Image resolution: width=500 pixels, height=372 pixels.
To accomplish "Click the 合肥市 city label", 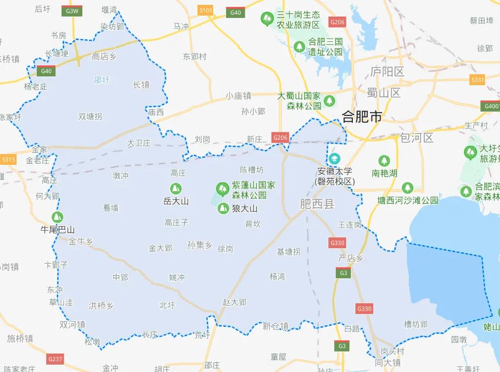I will click(362, 117).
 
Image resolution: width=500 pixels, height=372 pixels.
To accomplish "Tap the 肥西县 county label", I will click(317, 204).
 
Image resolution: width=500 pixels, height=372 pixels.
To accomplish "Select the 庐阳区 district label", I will click(387, 72).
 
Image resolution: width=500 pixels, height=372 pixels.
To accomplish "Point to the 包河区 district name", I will click(416, 137).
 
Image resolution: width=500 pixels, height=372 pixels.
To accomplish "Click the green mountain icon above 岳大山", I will click(175, 188).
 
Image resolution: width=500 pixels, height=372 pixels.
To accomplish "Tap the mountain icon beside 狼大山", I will click(223, 209).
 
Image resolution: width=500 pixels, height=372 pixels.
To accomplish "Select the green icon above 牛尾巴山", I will click(58, 217).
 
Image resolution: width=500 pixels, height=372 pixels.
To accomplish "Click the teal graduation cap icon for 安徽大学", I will click(334, 159).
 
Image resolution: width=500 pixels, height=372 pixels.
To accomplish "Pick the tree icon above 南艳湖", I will click(384, 160).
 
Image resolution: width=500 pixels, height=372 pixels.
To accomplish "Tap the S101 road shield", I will click(206, 10).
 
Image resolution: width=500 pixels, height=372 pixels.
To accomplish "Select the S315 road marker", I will click(8, 159).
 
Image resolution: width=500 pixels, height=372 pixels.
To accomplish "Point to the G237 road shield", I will click(55, 359).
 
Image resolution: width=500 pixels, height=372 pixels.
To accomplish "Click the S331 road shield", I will click(478, 80).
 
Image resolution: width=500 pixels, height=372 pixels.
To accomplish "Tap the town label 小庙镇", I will click(238, 96).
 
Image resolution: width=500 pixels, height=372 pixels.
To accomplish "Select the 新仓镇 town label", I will click(275, 326).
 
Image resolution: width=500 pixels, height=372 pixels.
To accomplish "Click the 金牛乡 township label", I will click(80, 241).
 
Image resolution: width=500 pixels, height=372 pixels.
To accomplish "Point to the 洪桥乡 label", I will click(101, 306).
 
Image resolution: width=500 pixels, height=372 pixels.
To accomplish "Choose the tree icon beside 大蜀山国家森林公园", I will click(330, 101).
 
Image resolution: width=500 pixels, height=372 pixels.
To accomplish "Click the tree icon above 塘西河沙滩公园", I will click(407, 188).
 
